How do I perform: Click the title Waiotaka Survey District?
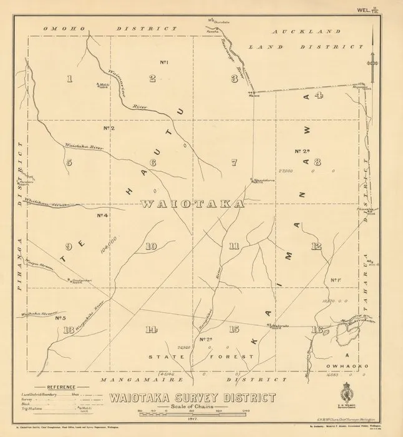tap(193, 397)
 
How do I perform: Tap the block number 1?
tap(70, 79)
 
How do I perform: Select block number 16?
tap(318, 330)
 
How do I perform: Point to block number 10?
tap(151, 246)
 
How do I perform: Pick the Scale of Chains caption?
tap(192, 406)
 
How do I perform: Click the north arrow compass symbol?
tap(374, 61)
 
